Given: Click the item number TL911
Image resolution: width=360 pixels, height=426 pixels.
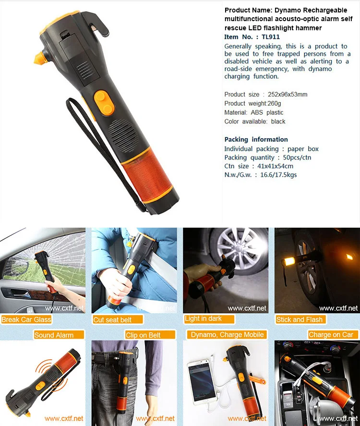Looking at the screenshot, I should click(271, 37).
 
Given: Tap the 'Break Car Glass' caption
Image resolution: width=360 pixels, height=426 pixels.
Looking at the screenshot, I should click(26, 319).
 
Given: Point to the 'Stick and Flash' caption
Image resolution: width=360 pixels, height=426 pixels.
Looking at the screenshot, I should click(300, 319).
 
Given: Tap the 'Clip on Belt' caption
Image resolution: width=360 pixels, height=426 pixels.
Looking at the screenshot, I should click(143, 335).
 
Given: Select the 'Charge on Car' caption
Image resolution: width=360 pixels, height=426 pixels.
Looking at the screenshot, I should click(331, 335).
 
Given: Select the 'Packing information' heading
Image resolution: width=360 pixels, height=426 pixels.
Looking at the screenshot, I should click(256, 139).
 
